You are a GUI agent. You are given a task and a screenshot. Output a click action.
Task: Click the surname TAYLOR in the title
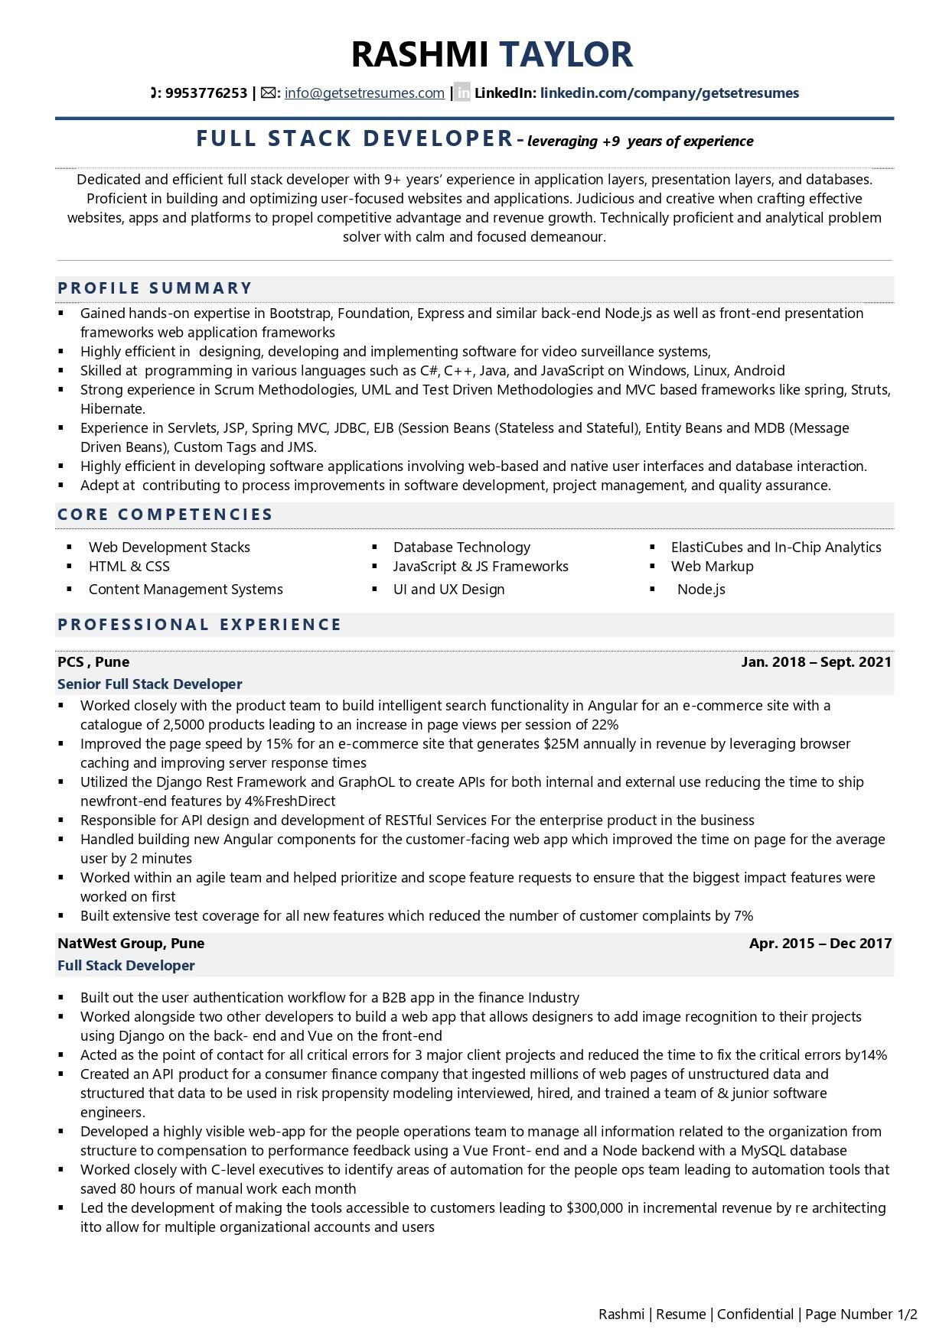(566, 54)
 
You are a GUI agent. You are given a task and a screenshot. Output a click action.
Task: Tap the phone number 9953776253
(206, 93)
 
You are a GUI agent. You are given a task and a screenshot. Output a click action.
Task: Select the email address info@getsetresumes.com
(364, 93)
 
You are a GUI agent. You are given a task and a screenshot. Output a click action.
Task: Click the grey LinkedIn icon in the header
(462, 93)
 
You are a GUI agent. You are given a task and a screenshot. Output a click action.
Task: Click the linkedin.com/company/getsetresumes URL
(669, 93)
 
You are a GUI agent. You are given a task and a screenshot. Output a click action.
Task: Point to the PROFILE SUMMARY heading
(155, 288)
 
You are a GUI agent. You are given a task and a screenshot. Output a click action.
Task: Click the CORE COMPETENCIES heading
(165, 515)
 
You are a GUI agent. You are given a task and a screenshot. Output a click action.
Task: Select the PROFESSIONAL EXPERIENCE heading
(200, 625)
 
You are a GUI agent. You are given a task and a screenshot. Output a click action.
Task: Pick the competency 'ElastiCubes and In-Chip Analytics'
(775, 548)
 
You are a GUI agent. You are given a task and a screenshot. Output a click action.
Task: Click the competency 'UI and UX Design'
(448, 590)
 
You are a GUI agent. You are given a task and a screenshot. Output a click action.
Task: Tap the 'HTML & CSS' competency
(129, 567)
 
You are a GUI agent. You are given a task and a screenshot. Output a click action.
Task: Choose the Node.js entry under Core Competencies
(701, 590)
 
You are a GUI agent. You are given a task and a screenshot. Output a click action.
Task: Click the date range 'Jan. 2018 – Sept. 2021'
(816, 662)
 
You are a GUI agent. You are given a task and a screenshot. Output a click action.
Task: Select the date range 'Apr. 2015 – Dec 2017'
(820, 944)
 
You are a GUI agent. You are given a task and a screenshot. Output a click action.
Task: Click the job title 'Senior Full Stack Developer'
(149, 684)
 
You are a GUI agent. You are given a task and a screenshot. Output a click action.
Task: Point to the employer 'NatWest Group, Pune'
(131, 944)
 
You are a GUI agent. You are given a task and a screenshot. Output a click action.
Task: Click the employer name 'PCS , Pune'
(93, 662)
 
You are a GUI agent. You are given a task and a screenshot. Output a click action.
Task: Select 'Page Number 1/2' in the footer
(861, 1314)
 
